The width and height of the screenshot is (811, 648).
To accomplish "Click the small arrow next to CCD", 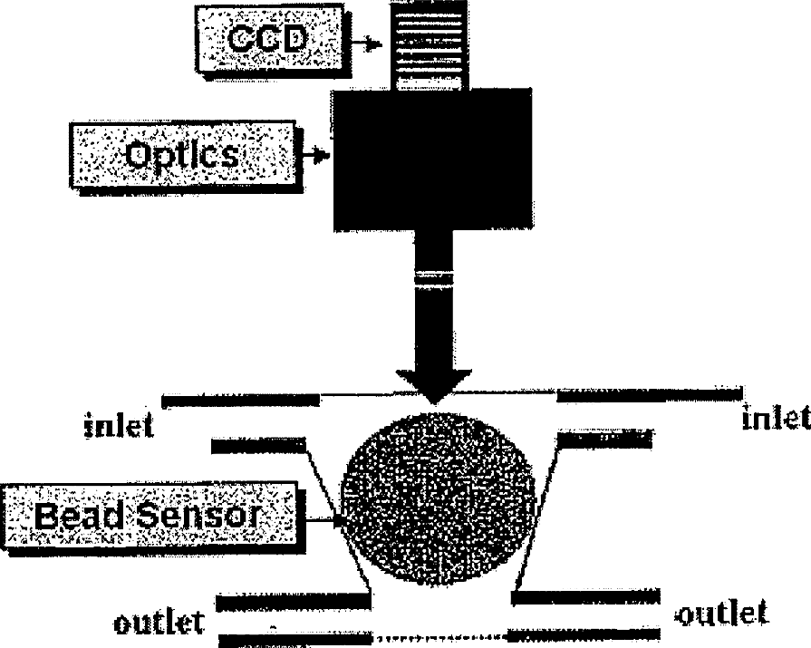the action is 366,42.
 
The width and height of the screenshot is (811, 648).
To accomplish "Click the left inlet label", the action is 119,425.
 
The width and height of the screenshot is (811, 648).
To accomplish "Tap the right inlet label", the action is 775,418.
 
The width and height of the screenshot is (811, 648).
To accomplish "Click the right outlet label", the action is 722,614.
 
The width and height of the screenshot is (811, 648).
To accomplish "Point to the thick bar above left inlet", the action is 239,399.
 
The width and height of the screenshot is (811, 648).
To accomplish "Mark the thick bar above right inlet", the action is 648,394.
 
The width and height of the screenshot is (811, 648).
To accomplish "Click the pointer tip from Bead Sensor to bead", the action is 339,520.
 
